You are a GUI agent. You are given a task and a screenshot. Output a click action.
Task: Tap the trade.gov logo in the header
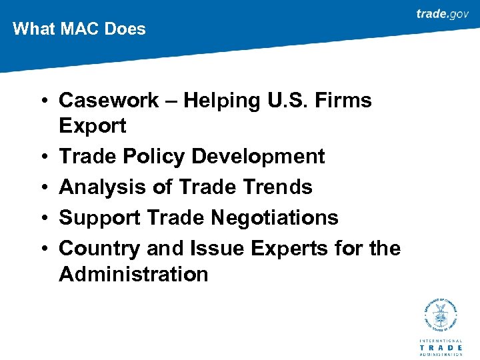click(442, 14)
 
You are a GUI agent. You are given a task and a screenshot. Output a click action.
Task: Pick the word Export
click(93, 126)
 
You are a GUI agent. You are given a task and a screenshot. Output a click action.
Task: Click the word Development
click(258, 157)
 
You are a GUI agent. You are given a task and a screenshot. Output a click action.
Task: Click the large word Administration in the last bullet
click(133, 274)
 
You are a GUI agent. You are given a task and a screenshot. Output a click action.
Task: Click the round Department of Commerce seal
click(441, 316)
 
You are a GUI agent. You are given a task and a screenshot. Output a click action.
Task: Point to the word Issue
click(219, 249)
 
